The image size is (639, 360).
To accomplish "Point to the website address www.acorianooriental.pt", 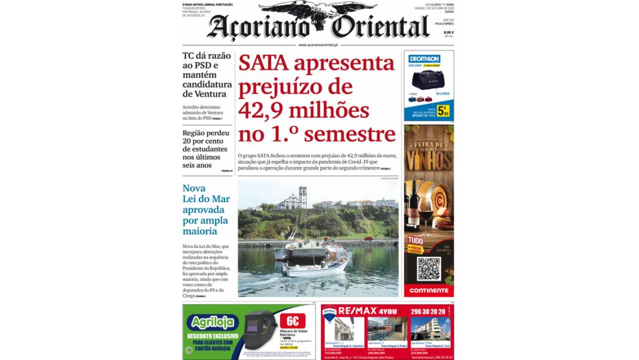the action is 318,45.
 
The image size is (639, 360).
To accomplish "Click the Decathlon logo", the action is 424,59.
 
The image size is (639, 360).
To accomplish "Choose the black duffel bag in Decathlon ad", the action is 428,80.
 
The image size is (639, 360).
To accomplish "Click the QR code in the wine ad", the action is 429,268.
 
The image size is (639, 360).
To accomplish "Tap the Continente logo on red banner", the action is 429,290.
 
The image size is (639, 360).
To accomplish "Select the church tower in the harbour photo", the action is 302,197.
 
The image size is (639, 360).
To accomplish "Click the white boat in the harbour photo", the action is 317,268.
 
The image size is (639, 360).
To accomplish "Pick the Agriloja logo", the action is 213,322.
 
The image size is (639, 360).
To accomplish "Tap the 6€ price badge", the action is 293,321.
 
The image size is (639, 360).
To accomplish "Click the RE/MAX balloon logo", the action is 329,315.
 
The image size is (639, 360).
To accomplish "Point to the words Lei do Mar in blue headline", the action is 206,199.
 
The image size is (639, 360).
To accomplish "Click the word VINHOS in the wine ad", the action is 429,158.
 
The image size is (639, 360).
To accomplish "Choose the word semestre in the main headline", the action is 349,135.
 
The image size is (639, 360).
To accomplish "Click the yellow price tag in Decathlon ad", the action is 443,110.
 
